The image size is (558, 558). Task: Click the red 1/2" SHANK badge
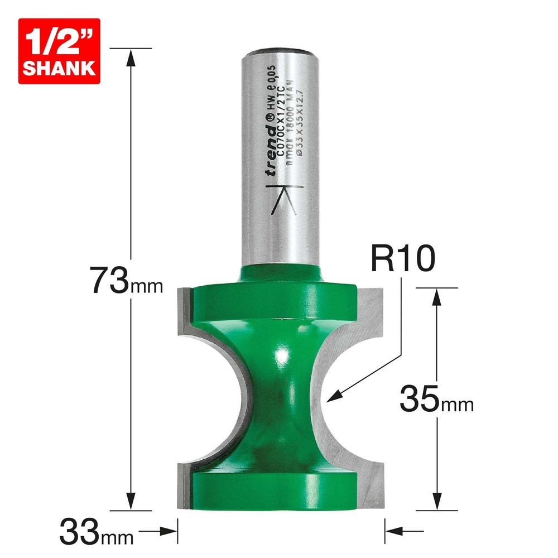point(59,51)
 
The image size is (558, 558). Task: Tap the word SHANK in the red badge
point(59,69)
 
